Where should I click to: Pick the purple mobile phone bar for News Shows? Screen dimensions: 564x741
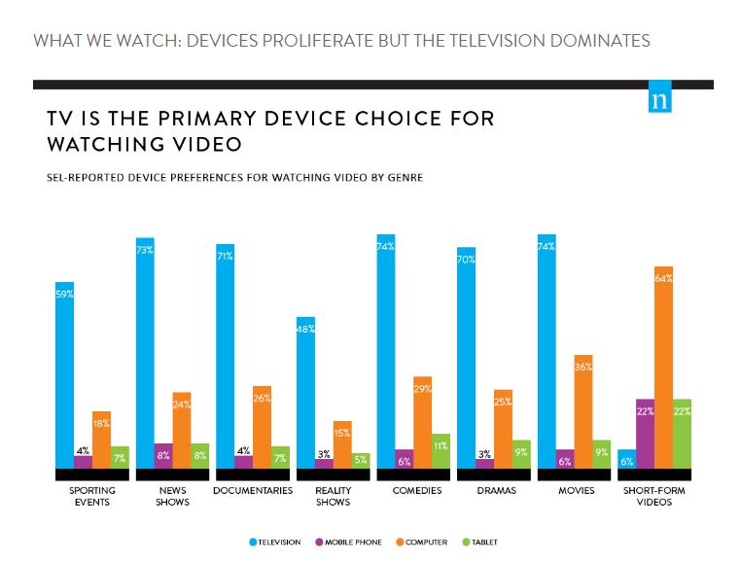[x=163, y=456]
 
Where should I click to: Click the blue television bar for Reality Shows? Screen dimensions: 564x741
[x=305, y=393]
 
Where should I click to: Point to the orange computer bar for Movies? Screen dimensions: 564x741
[x=583, y=412]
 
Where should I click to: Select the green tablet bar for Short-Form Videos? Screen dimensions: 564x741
[x=682, y=434]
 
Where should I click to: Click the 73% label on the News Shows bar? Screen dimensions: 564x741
[x=145, y=251]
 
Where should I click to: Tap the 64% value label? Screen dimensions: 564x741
[x=663, y=278]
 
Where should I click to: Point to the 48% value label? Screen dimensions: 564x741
[x=305, y=330]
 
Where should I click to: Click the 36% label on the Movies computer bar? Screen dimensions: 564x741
[x=583, y=368]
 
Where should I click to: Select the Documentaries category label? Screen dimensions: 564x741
[x=252, y=491]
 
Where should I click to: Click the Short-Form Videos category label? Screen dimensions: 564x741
[x=653, y=496]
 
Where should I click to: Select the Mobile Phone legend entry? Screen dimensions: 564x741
[x=352, y=542]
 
